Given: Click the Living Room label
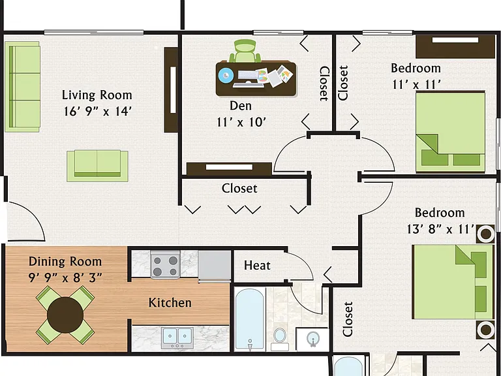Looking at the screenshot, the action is [x=97, y=95].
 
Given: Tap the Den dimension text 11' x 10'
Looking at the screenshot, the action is [x=241, y=122].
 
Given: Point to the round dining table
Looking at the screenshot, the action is [x=65, y=315].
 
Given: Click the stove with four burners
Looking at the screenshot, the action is [x=165, y=264].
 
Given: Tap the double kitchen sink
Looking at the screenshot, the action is [x=177, y=337].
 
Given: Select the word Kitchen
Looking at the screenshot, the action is [x=170, y=302].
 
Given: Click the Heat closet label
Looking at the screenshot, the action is [x=257, y=266].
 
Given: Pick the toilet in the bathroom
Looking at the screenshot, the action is [x=280, y=339].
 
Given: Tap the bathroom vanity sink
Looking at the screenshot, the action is [x=312, y=339].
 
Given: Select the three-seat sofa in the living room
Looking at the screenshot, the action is [x=22, y=87].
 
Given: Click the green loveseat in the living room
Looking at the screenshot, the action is [x=97, y=166].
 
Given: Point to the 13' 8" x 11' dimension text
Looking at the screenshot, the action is [x=440, y=229].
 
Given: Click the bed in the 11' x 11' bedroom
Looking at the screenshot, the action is [x=451, y=133].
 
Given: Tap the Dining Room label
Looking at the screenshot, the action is [x=65, y=262].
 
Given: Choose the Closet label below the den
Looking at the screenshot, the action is [x=239, y=188].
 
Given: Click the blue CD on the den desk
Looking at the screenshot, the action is [x=226, y=76].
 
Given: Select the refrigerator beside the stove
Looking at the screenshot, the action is [x=215, y=266].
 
